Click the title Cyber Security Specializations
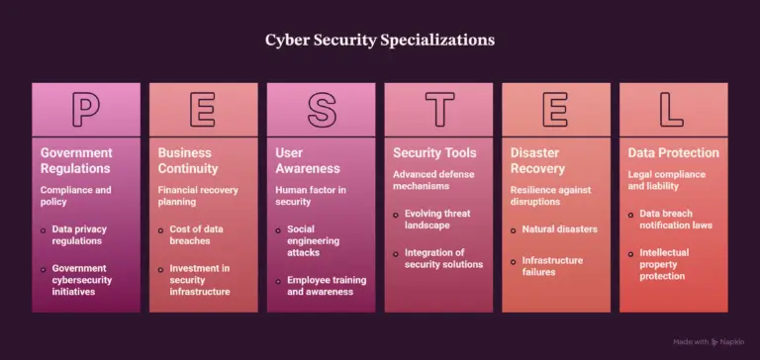pyautogui.click(x=380, y=41)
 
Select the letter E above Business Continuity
pyautogui.click(x=203, y=110)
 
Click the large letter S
pyautogui.click(x=322, y=110)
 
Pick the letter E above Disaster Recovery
pyautogui.click(x=555, y=110)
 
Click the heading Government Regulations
pyautogui.click(x=76, y=161)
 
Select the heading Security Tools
pyautogui.click(x=434, y=153)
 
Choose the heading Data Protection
pyautogui.click(x=674, y=153)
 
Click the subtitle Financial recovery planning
pyautogui.click(x=198, y=196)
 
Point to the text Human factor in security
pyautogui.click(x=311, y=196)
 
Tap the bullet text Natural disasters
pyautogui.click(x=560, y=229)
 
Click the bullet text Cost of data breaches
pyautogui.click(x=196, y=235)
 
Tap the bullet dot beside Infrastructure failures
pyautogui.click(x=514, y=262)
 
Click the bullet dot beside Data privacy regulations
pyautogui.click(x=44, y=230)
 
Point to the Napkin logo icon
pyautogui.click(x=714, y=342)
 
